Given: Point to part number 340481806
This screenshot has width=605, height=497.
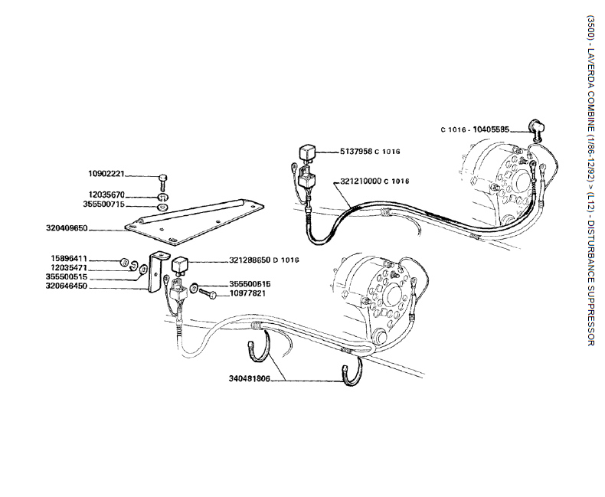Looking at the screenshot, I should pos(250,378).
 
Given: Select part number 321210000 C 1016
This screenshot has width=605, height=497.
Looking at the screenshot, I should pos(374,181).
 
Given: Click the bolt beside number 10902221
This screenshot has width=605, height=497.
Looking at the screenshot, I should pos(164,180).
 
